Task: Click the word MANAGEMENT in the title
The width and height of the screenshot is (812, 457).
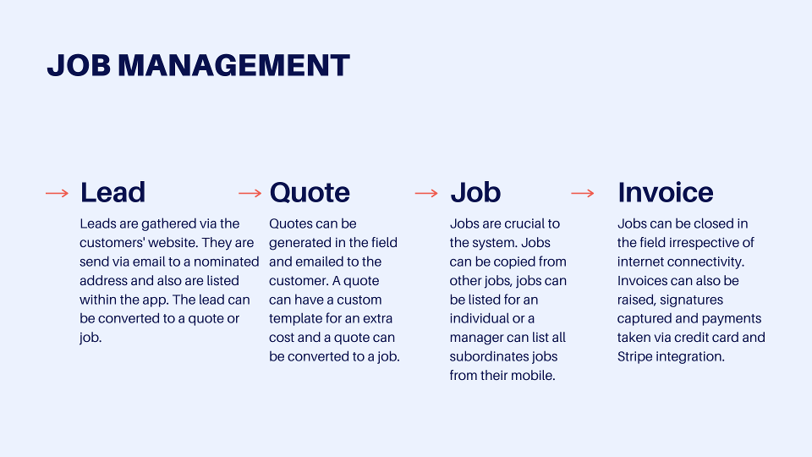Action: click(234, 65)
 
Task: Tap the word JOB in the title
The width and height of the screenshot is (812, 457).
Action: click(79, 65)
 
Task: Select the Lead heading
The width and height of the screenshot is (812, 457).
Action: click(112, 192)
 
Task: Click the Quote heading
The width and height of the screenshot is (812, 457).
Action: click(310, 192)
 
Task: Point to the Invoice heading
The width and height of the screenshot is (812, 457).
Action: click(666, 192)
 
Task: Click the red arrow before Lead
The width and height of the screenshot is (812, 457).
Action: click(57, 193)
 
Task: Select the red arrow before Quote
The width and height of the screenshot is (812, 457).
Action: click(250, 193)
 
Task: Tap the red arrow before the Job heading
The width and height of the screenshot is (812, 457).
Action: click(426, 193)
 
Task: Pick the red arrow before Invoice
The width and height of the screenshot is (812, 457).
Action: click(583, 193)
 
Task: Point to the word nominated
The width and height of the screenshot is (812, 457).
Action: click(227, 262)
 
